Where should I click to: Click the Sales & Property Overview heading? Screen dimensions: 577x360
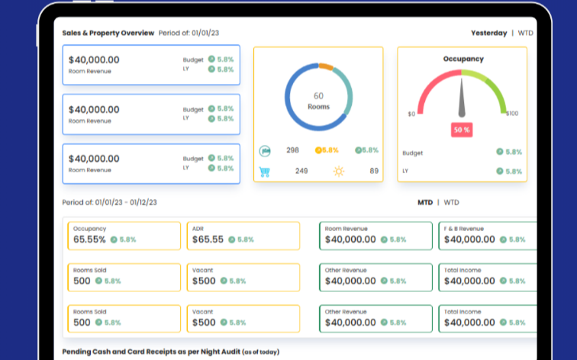(x=108, y=33)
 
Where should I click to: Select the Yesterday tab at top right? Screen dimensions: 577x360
(x=488, y=33)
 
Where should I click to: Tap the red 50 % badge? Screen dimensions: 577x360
(x=462, y=130)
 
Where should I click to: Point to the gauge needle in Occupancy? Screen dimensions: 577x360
(x=462, y=98)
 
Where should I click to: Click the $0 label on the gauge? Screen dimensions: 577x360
(x=411, y=114)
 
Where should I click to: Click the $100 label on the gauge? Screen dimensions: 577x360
(x=512, y=113)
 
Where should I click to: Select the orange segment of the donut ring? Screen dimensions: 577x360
(x=326, y=66)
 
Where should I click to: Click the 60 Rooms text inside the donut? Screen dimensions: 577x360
(x=319, y=101)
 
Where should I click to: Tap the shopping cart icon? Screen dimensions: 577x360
(x=265, y=172)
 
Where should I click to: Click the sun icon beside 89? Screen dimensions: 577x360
(x=339, y=172)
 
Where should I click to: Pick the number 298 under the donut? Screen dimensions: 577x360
(x=292, y=150)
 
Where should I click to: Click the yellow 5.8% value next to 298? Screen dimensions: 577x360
(x=327, y=150)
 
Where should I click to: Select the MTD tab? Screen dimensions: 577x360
(x=425, y=203)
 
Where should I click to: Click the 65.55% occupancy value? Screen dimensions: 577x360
(x=89, y=239)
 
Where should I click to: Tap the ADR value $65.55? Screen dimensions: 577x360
(x=208, y=239)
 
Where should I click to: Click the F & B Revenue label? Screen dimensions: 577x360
(x=464, y=229)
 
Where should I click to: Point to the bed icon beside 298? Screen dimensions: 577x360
(x=265, y=151)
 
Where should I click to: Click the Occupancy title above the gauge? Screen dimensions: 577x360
(x=463, y=59)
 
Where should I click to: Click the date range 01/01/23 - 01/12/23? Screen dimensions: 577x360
(x=126, y=203)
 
